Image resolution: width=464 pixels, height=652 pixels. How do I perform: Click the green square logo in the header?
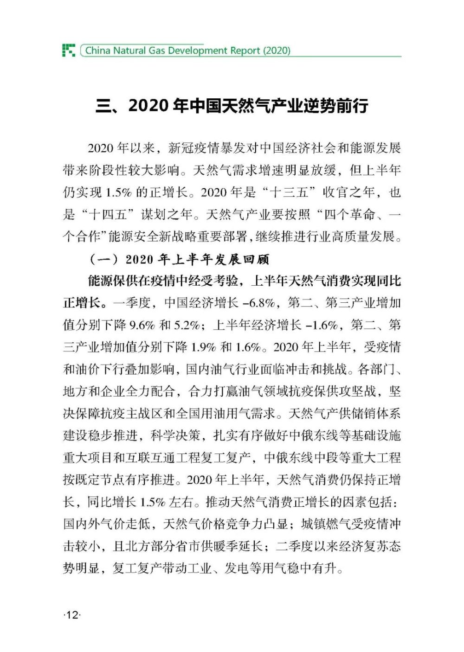pos(69,50)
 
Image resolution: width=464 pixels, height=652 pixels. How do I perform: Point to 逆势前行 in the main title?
pos(335,106)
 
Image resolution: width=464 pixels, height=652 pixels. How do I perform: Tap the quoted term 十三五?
pos(288,192)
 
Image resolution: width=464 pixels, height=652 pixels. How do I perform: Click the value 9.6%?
pos(142,325)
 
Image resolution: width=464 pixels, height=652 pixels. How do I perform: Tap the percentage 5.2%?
pos(187,325)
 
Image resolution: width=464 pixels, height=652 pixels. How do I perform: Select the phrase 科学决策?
pos(175,436)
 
